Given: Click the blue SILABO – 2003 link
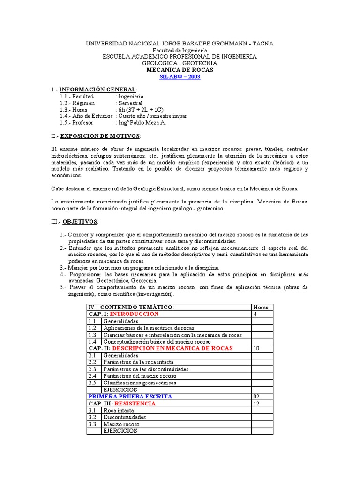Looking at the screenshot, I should point(180,77).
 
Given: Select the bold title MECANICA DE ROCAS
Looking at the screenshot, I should point(180,70).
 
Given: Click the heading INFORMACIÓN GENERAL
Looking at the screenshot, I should point(97,90).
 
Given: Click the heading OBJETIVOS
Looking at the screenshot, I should point(80,221).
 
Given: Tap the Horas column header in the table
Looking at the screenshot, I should point(261,307).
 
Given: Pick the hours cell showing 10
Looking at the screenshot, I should point(256,349).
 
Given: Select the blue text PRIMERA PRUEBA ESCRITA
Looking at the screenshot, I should point(130,397).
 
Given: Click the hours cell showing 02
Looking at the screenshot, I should point(257,397).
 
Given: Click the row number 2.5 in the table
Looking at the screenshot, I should point(92,383).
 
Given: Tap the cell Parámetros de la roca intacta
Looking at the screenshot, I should point(138,362).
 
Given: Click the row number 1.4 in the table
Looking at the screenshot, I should point(92,342).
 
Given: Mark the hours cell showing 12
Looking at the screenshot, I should point(256,404).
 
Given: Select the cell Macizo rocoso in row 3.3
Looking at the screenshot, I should point(121,424).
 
